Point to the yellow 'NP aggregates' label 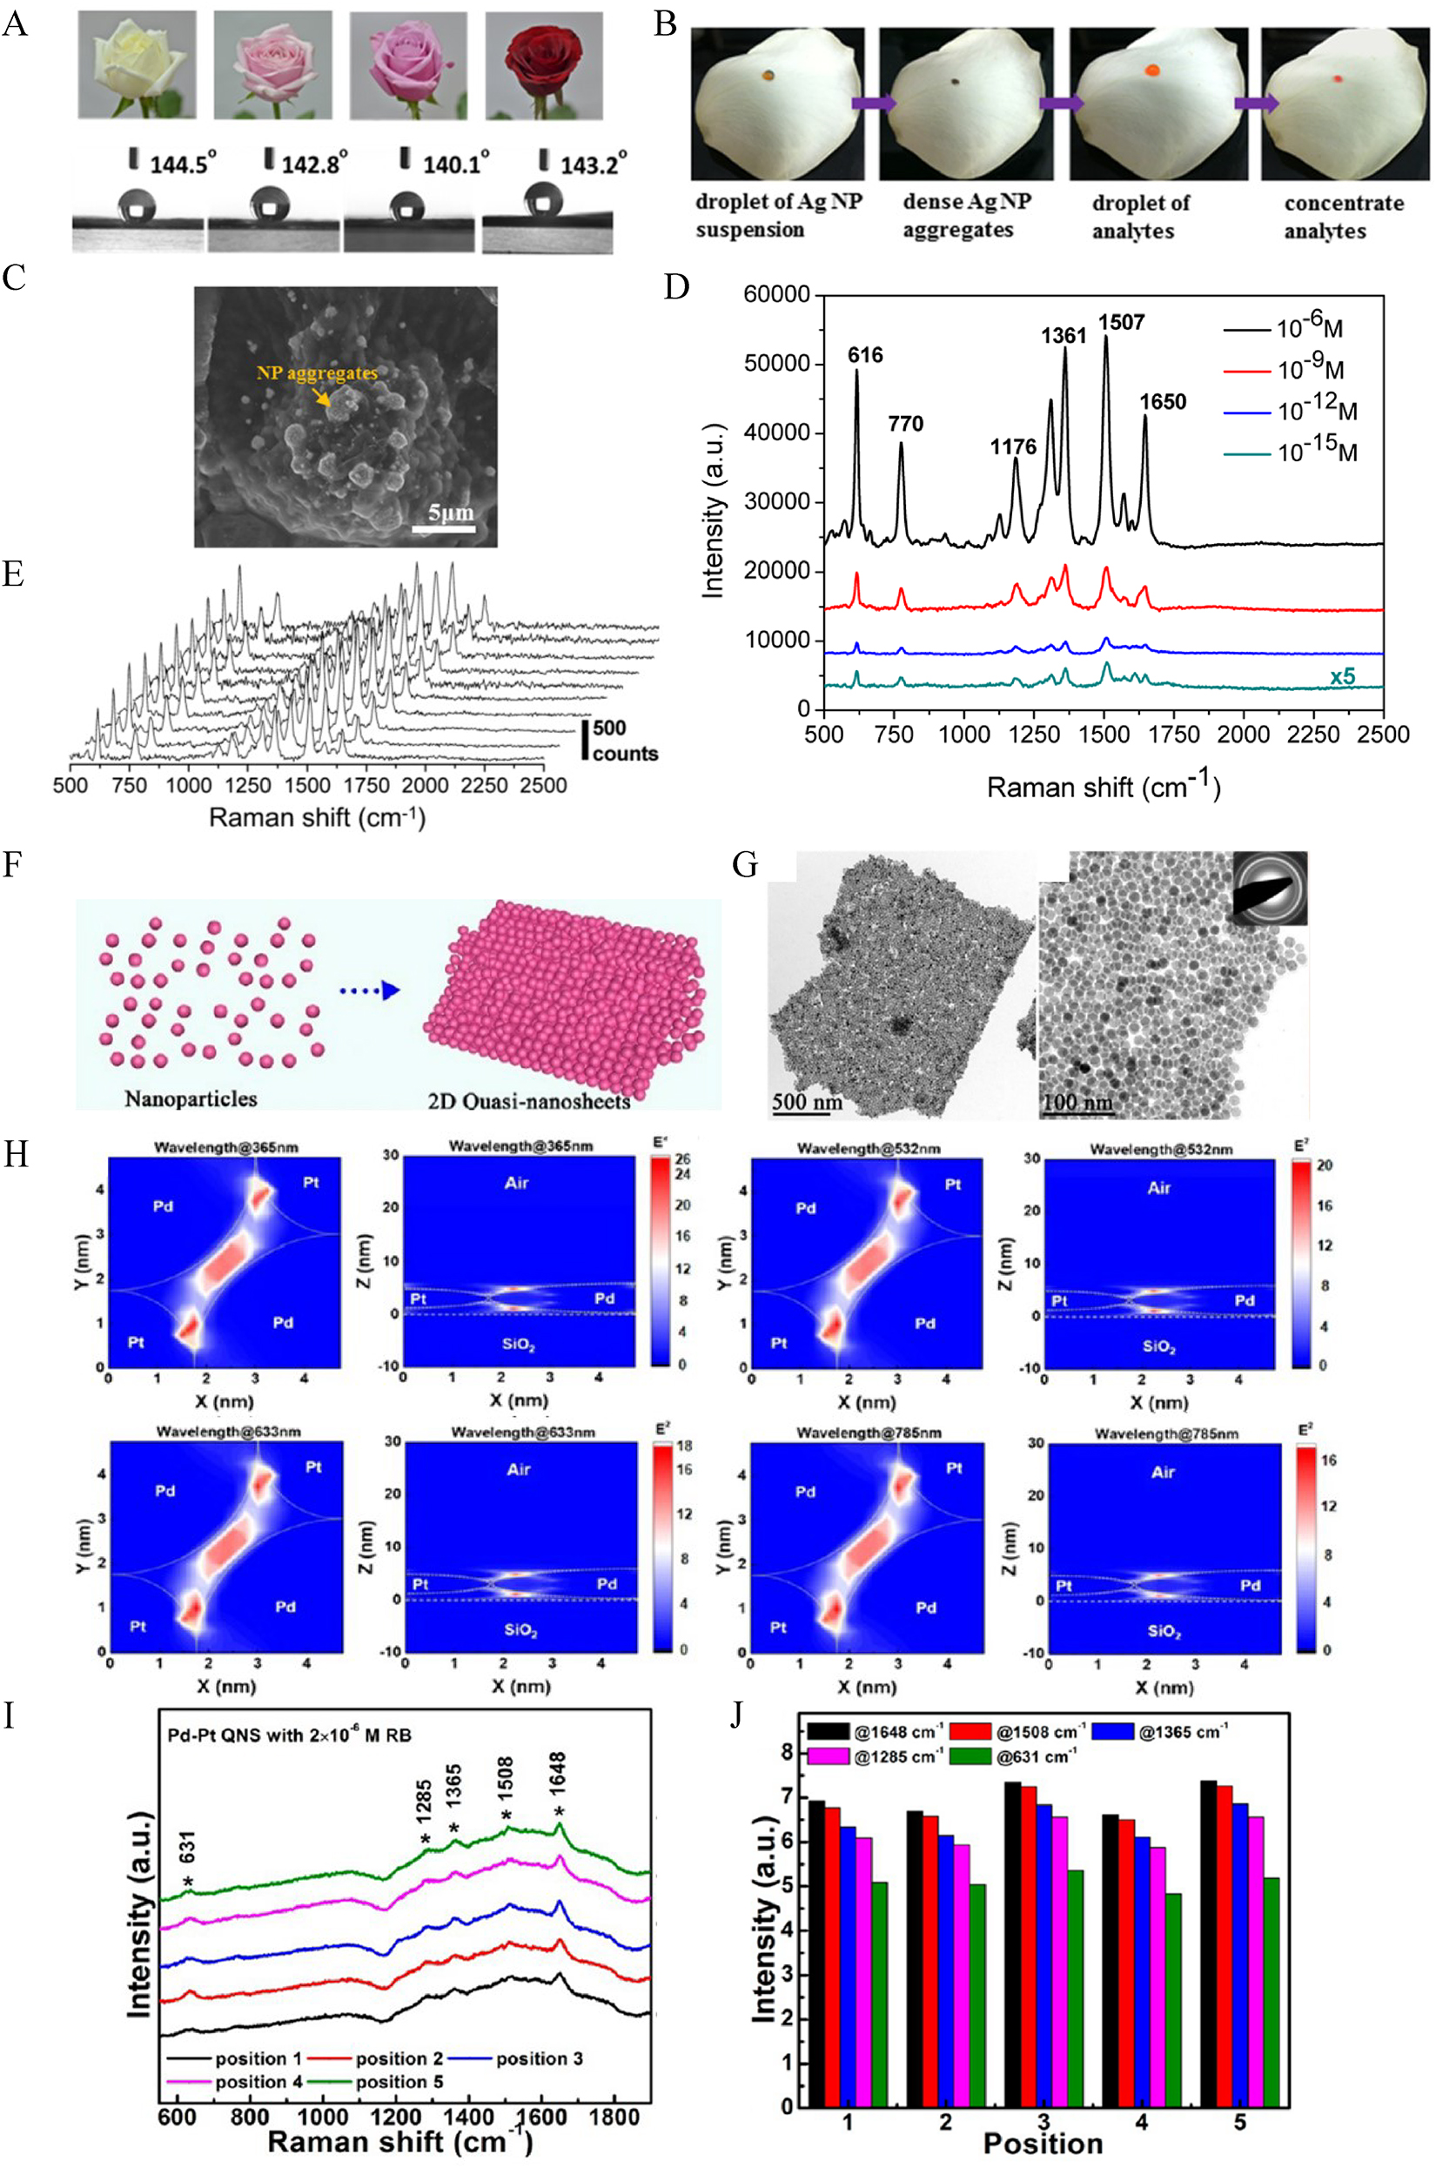(x=316, y=373)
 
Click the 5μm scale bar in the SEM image (x=443, y=527)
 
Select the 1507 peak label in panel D (x=1122, y=322)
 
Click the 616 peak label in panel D (x=864, y=355)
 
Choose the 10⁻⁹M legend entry (x=1310, y=368)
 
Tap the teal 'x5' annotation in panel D (x=1343, y=677)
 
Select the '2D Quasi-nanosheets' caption (x=528, y=1100)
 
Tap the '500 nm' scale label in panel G (x=807, y=1101)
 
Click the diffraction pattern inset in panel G (x=1269, y=888)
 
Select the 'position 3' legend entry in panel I (x=539, y=2058)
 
